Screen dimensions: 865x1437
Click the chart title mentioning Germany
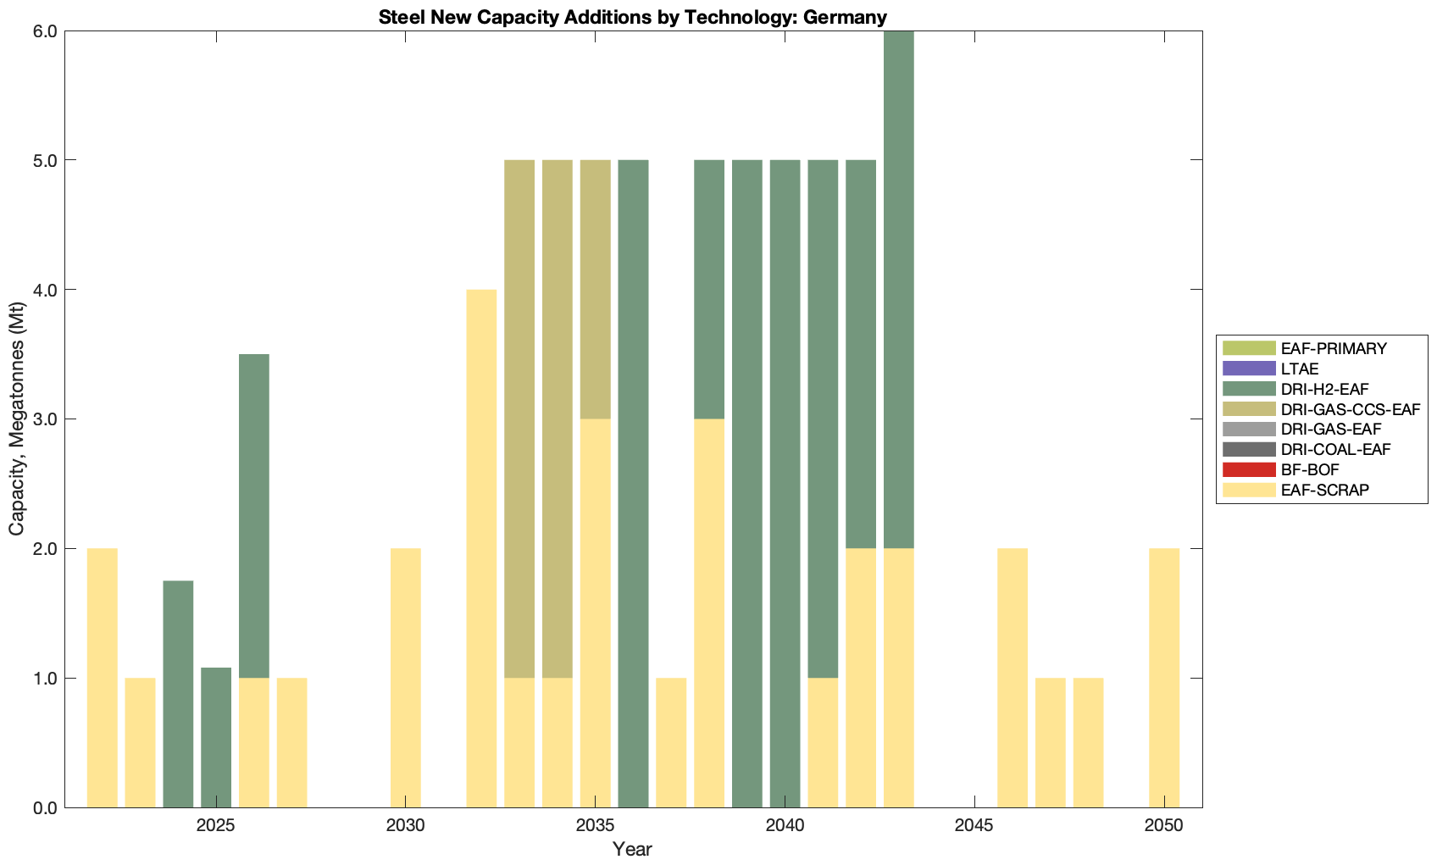(x=633, y=17)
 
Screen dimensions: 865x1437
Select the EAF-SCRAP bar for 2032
(x=481, y=548)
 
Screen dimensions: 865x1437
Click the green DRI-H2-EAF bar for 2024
(x=178, y=694)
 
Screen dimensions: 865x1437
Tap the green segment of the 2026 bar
(x=254, y=516)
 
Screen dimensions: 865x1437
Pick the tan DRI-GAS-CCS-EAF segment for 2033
(x=519, y=419)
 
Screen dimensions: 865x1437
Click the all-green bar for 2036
(x=633, y=483)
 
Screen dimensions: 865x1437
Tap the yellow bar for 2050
(x=1164, y=678)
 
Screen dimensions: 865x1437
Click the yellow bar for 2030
(x=406, y=678)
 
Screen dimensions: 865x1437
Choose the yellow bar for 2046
(x=1013, y=678)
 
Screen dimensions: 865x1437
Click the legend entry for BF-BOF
(x=1310, y=470)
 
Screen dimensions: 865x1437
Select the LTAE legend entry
(x=1300, y=369)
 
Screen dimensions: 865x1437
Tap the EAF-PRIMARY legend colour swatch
(x=1248, y=348)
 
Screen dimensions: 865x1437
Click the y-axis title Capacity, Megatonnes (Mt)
(x=17, y=419)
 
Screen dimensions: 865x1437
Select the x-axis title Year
(x=633, y=849)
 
